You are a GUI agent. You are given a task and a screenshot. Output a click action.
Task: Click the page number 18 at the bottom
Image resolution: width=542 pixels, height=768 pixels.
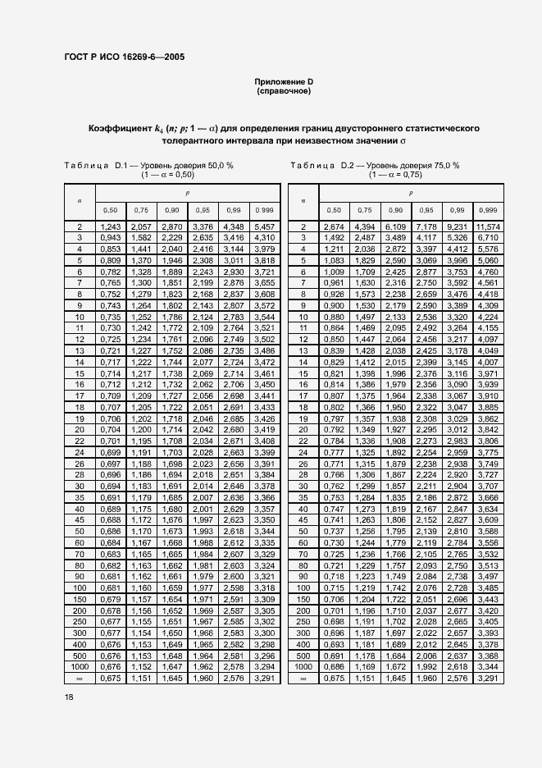point(69,696)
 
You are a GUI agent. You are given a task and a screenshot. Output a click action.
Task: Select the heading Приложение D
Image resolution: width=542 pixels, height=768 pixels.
point(283,82)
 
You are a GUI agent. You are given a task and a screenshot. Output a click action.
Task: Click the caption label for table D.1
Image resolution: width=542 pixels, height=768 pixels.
point(93,165)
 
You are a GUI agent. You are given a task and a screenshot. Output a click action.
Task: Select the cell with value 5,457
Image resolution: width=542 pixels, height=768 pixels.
point(264,226)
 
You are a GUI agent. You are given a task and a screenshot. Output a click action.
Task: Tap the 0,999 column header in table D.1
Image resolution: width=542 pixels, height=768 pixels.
point(264,209)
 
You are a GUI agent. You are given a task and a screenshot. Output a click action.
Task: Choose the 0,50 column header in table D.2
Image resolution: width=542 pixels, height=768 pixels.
point(333,209)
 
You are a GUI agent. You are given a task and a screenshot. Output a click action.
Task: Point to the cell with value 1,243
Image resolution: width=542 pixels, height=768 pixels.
point(111,226)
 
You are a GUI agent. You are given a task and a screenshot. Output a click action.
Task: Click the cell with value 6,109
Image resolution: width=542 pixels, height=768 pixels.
point(395,226)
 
